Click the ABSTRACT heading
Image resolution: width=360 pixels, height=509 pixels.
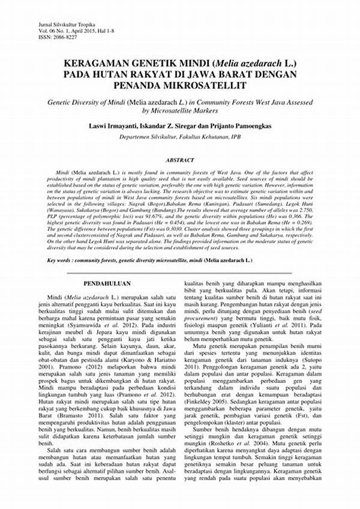pyautogui.click(x=179, y=160)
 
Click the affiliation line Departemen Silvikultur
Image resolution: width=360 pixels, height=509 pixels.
pyautogui.click(x=179, y=137)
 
